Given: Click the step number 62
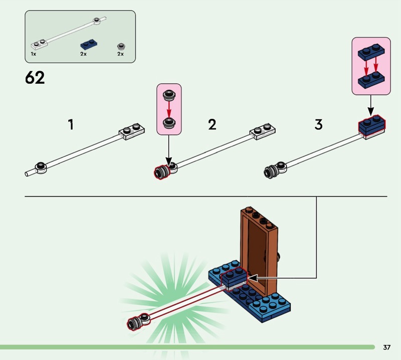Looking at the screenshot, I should (x=35, y=78).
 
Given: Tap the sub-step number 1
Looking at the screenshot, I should (x=71, y=124).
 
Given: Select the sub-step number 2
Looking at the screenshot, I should (x=212, y=124).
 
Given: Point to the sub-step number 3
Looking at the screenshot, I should (x=319, y=124).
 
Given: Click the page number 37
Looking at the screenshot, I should (x=386, y=347).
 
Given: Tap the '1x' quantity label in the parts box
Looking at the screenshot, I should (x=33, y=53).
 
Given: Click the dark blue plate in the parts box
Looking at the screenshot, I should (x=88, y=44).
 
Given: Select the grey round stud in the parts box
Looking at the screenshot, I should (x=120, y=45).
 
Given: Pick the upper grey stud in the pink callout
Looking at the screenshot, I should (x=169, y=94).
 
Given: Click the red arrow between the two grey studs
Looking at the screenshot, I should (x=169, y=108).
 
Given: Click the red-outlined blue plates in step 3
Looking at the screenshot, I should (x=371, y=126).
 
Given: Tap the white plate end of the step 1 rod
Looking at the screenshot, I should (x=132, y=132).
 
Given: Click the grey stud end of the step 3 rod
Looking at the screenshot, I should (x=270, y=171).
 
